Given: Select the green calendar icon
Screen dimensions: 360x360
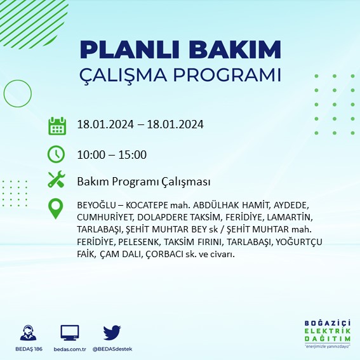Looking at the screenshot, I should pos(57,125).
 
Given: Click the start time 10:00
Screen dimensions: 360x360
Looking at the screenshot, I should pos(91,154).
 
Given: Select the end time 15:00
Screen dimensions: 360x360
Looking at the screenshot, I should pos(133,154).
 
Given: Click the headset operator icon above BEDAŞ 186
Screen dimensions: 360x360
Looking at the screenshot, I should pos(28,333).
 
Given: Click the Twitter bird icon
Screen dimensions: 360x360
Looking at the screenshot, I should pos(112,333).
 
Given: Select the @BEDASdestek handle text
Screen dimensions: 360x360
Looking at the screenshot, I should pos(112,350).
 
